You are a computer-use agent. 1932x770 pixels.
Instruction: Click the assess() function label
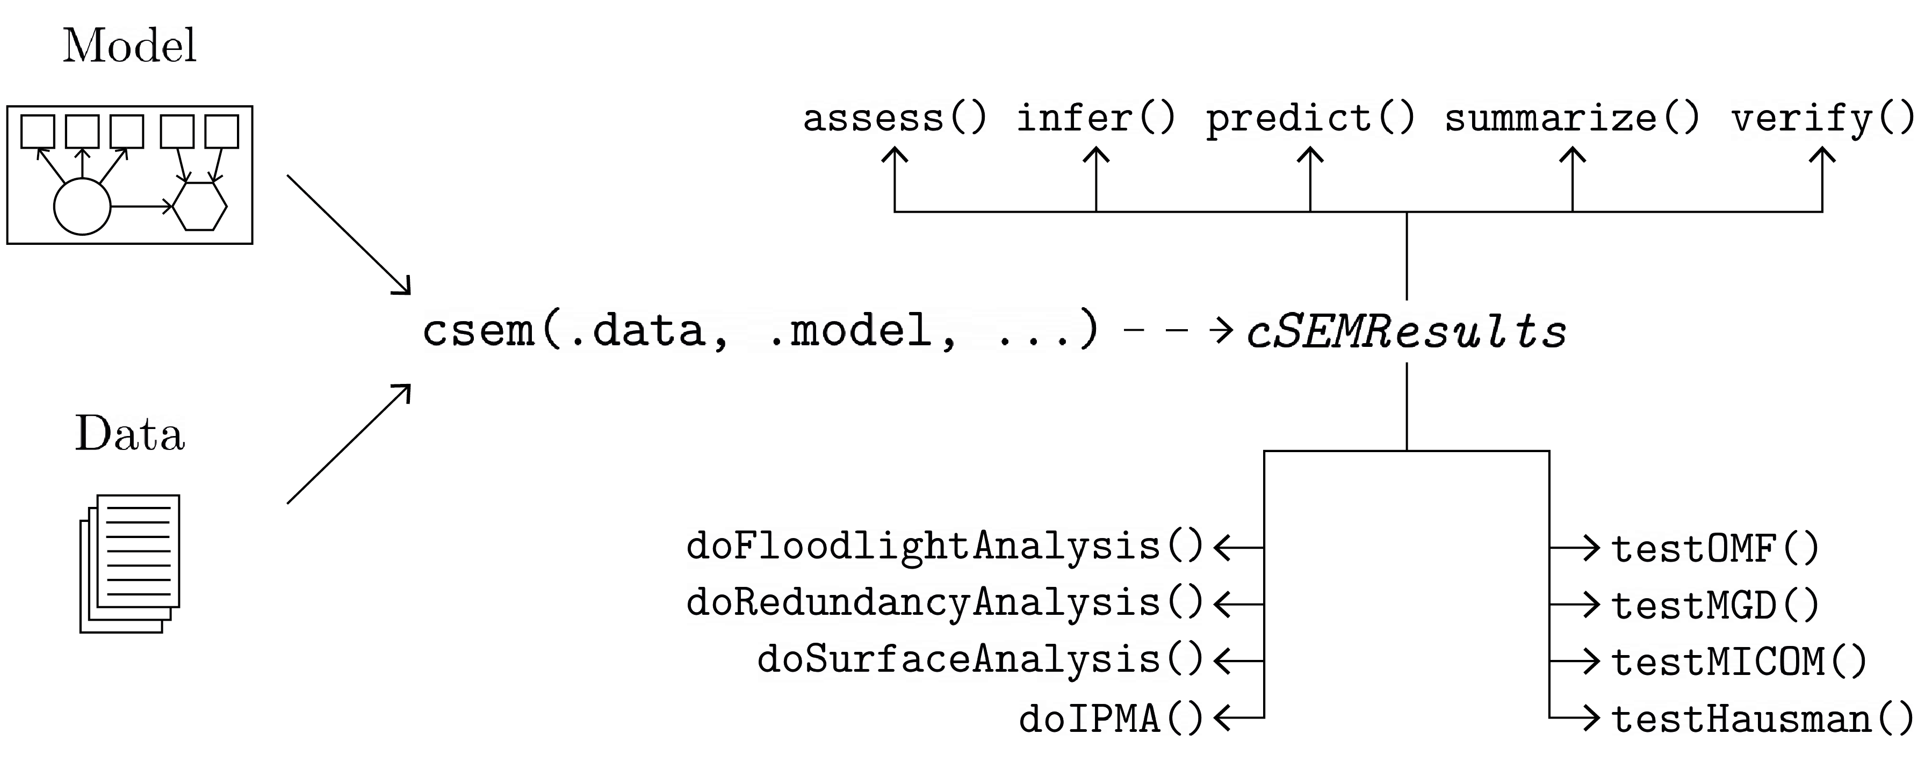tap(894, 119)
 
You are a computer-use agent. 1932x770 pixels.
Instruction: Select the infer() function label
tap(1096, 119)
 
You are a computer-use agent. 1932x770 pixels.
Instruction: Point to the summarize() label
tap(1572, 119)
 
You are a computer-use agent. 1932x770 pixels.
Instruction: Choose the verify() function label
tap(1822, 119)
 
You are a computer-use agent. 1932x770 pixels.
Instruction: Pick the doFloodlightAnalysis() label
tap(945, 547)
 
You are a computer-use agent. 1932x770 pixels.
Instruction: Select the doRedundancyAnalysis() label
tap(945, 603)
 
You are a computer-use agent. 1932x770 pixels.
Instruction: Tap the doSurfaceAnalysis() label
tap(981, 660)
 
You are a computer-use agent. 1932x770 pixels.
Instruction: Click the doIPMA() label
tap(1111, 719)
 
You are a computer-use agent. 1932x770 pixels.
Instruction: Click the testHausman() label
tap(1763, 719)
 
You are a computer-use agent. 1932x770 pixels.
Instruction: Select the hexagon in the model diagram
tap(199, 206)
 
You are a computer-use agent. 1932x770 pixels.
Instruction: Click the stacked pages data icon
tap(130, 562)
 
